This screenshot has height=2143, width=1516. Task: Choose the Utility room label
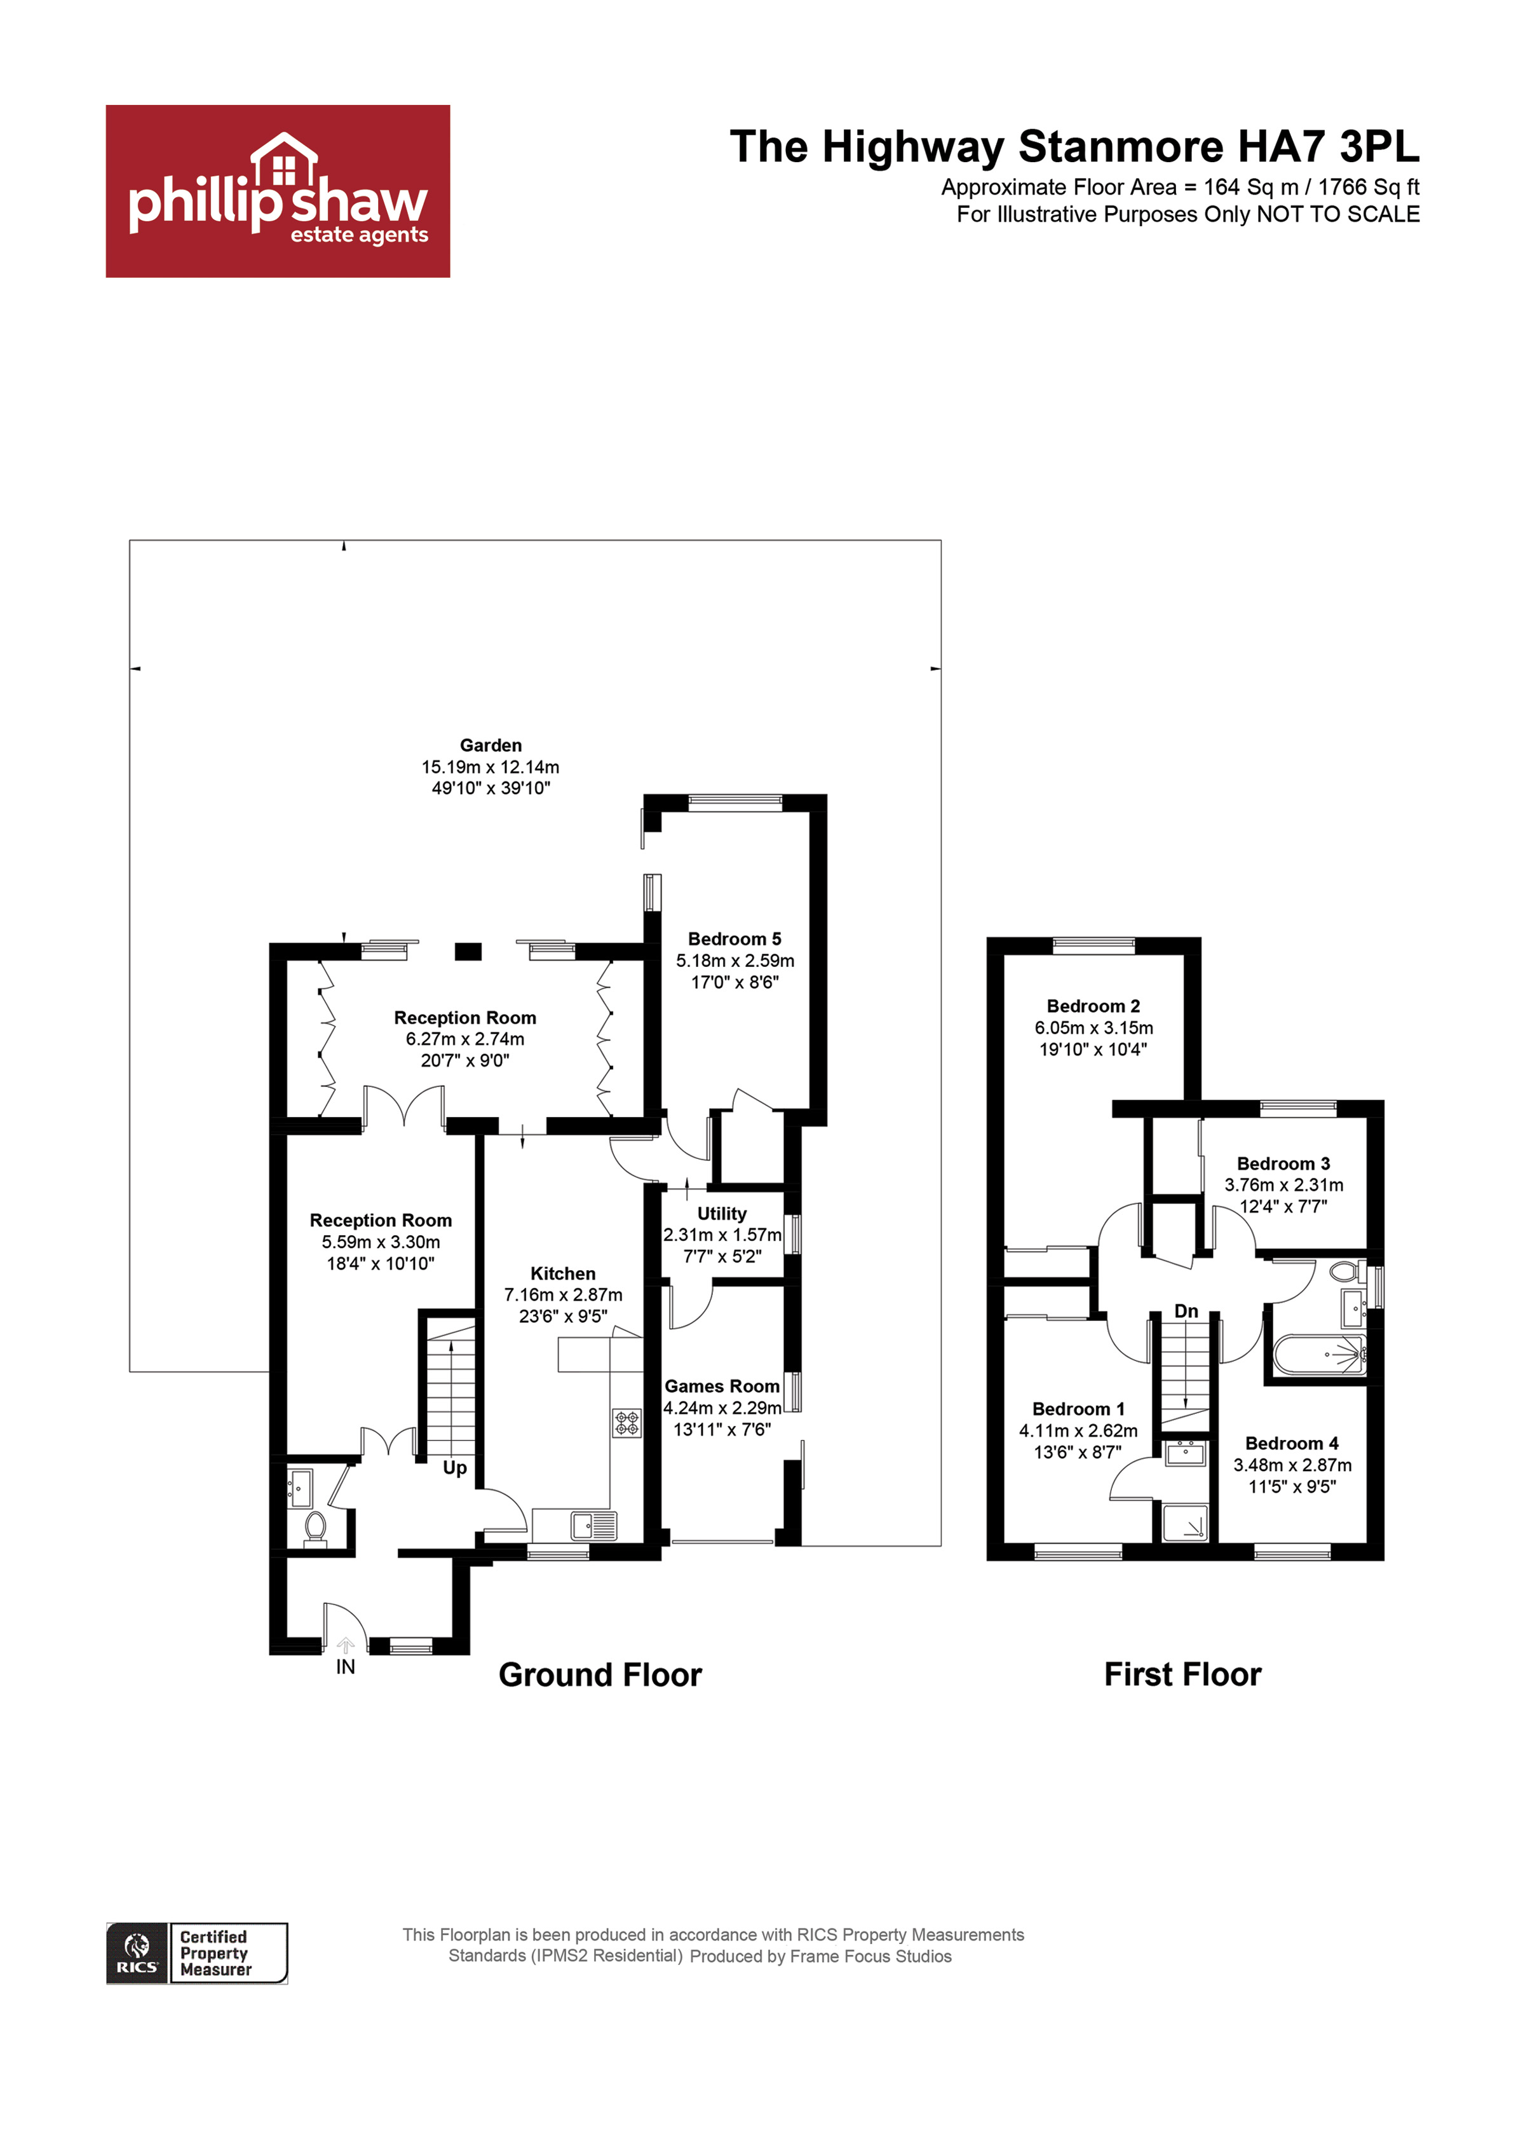722,1213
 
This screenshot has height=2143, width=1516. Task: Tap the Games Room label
722,1386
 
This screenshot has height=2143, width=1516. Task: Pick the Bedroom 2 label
1093,1006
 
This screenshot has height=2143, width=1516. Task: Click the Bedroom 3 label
1283,1163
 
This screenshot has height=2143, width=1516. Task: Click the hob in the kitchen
626,1423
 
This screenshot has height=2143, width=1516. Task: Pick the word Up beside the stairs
455,1467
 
